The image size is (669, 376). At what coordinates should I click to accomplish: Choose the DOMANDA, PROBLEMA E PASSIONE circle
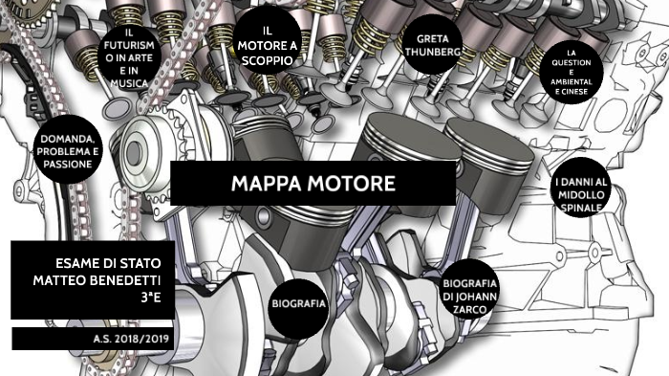67,152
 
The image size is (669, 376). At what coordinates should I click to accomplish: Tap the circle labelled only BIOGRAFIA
298,303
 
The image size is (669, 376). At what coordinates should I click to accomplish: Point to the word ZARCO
471,308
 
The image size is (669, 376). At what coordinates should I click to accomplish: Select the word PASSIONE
67,165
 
